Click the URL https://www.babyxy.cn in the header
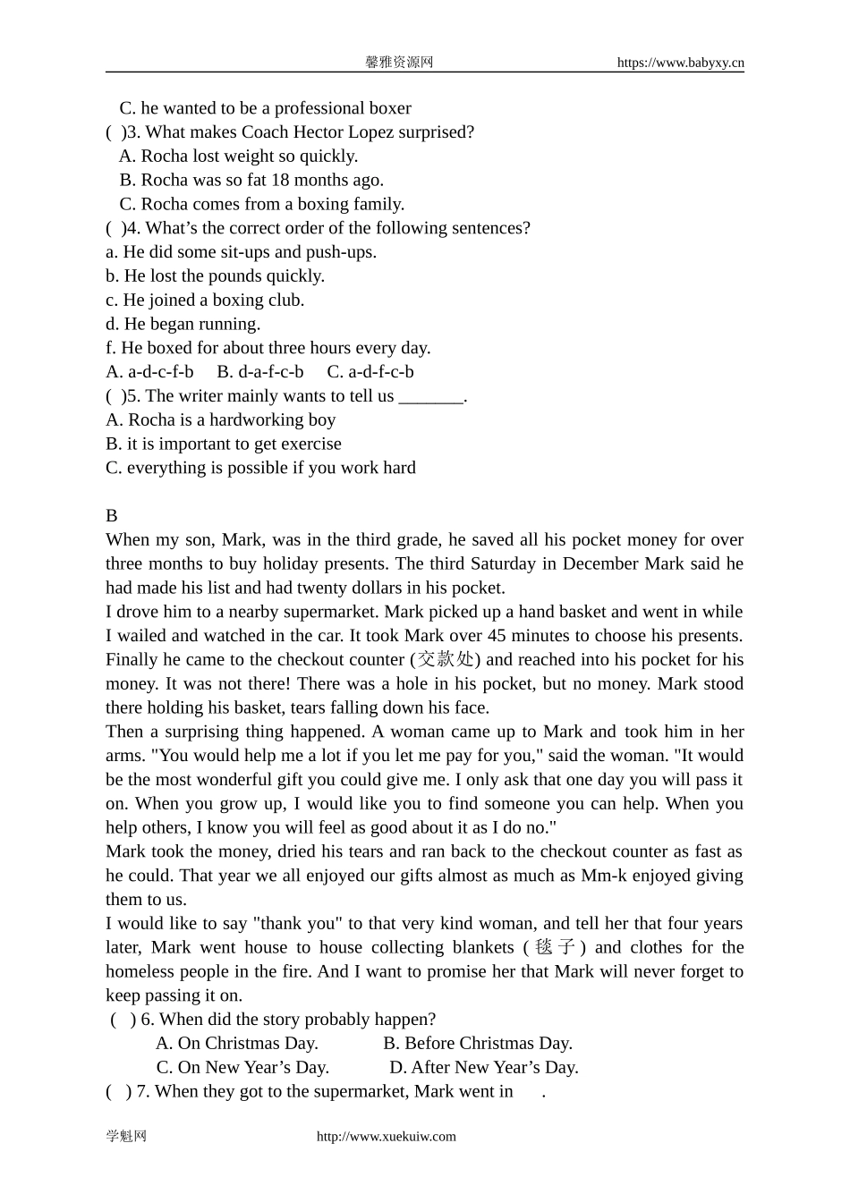[x=680, y=63]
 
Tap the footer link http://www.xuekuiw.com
[x=387, y=1137]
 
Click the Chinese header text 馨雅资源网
[x=399, y=63]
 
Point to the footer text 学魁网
[x=126, y=1137]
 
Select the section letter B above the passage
[x=112, y=516]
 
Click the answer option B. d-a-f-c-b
[x=260, y=372]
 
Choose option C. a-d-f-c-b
[x=370, y=372]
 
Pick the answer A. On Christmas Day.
[x=237, y=1044]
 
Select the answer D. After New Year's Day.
[x=484, y=1068]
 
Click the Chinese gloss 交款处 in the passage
[x=446, y=660]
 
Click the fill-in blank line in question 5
[x=430, y=396]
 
